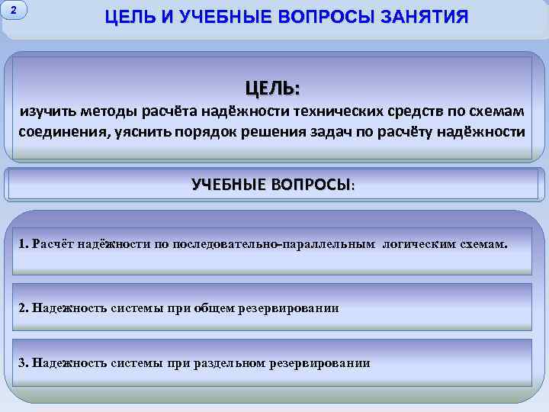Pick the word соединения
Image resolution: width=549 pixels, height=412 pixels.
[x=62, y=131]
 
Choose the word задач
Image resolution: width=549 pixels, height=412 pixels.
[x=335, y=131]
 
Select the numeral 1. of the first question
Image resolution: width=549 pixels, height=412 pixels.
[x=23, y=244]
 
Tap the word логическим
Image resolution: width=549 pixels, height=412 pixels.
[x=419, y=244]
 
